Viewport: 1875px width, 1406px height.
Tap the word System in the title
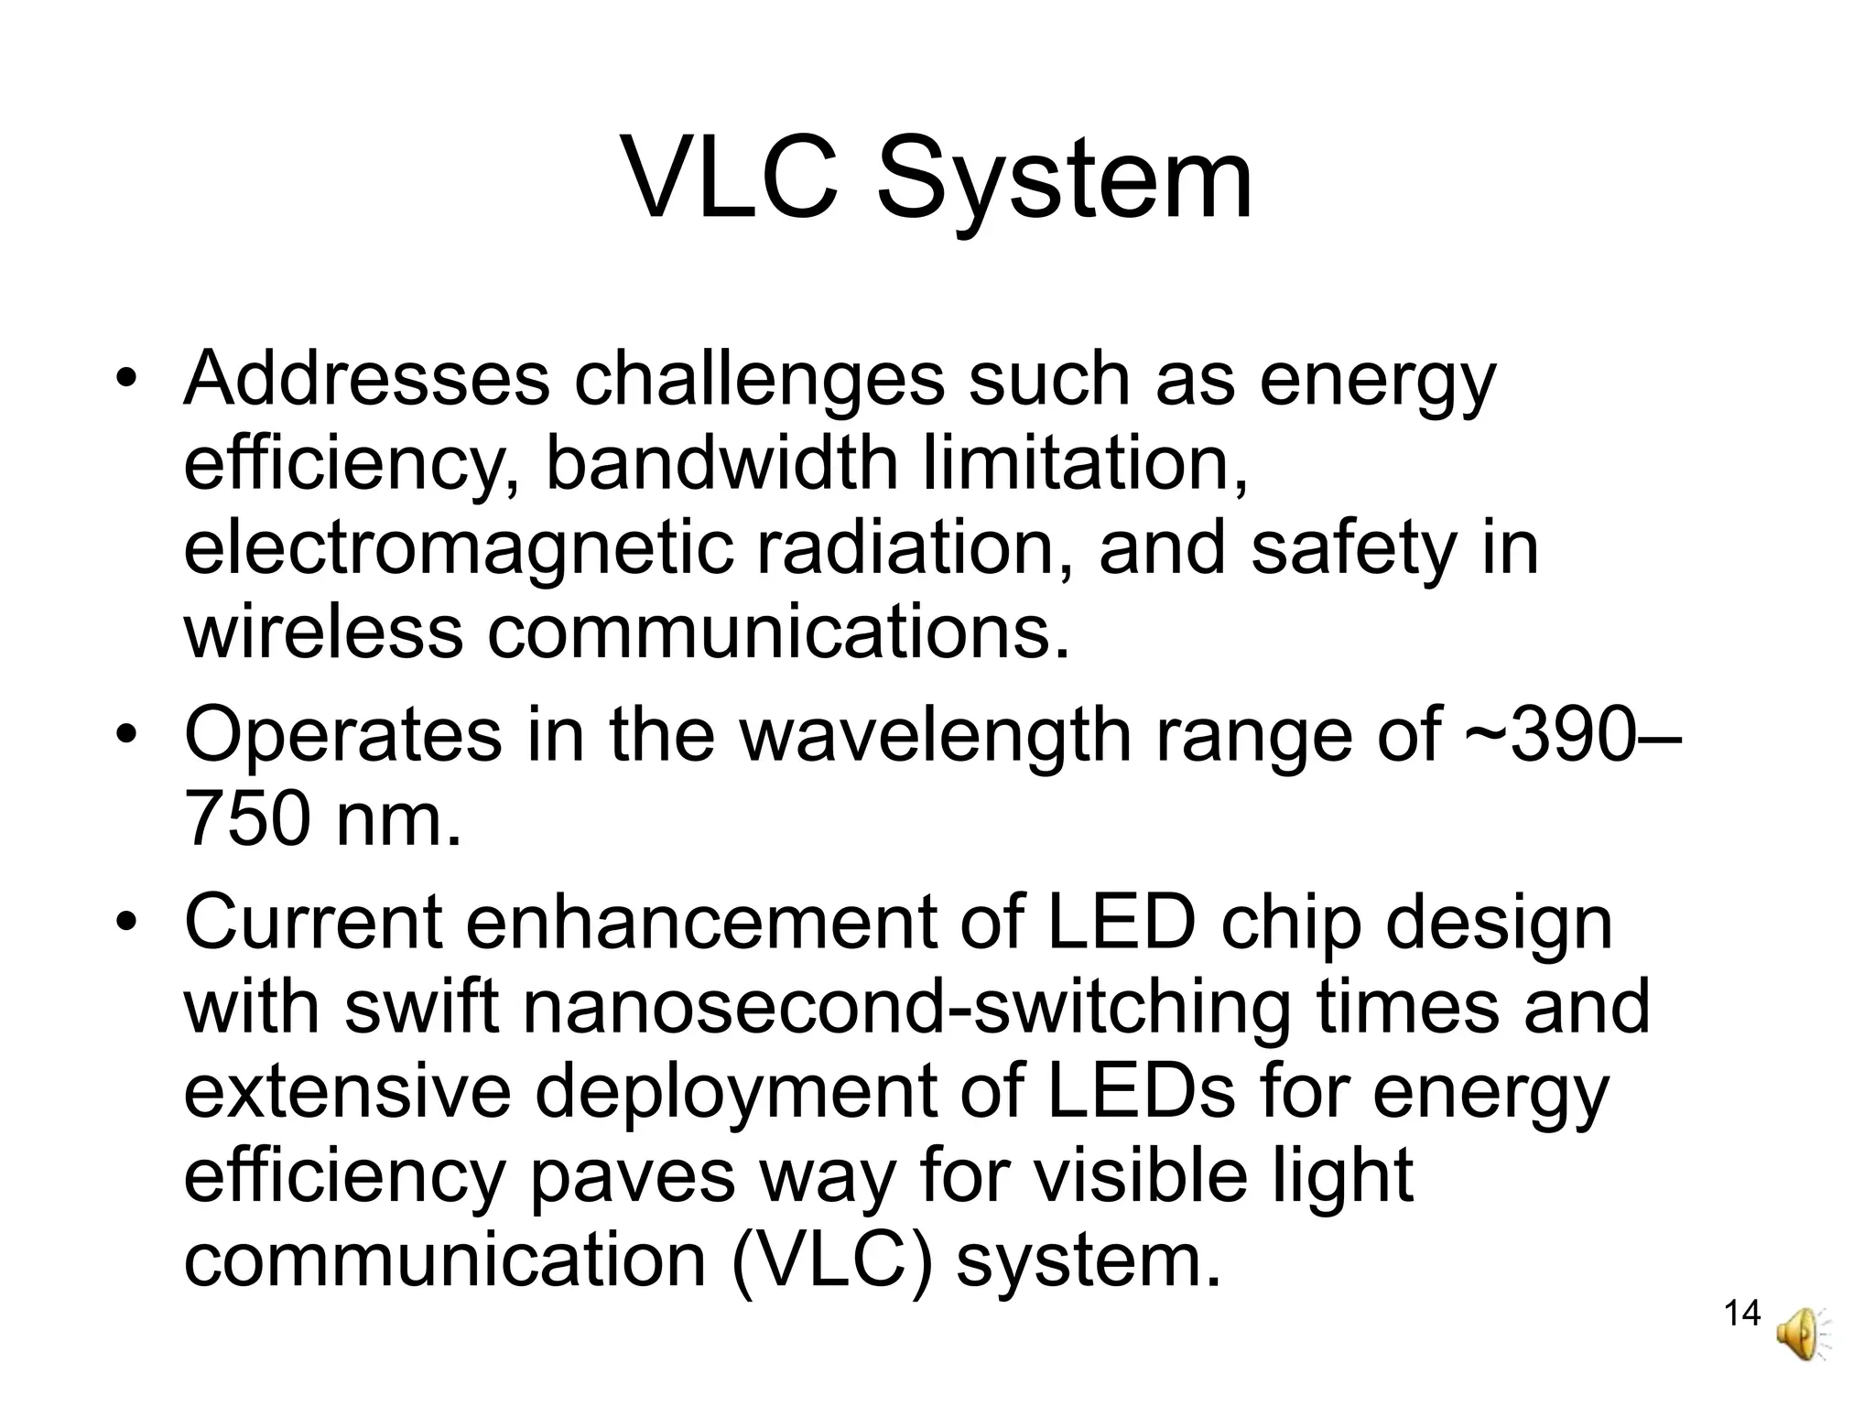[1064, 183]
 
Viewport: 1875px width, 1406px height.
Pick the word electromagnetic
[459, 549]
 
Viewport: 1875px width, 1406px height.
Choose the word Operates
[342, 737]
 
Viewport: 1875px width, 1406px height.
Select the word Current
[313, 923]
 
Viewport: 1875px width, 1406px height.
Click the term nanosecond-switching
[906, 1008]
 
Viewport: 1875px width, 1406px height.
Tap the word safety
[1352, 549]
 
